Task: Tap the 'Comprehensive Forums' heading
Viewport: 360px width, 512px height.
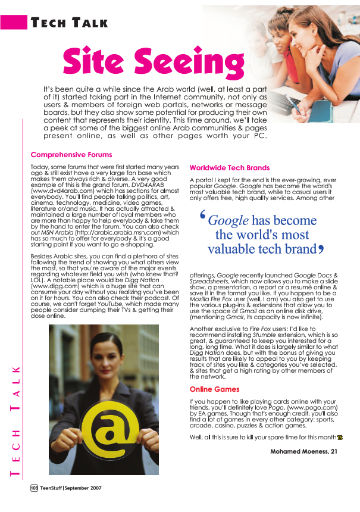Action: pos(71,155)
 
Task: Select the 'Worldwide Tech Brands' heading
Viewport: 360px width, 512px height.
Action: pos(230,168)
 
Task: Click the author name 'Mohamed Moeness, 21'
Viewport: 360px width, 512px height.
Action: pos(304,451)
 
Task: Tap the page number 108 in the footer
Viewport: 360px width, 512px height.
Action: pos(35,488)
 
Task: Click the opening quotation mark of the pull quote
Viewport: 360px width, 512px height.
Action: pos(204,218)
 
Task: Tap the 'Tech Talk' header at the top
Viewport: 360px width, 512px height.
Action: pos(70,23)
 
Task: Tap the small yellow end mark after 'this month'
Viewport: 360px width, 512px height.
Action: pos(340,438)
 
